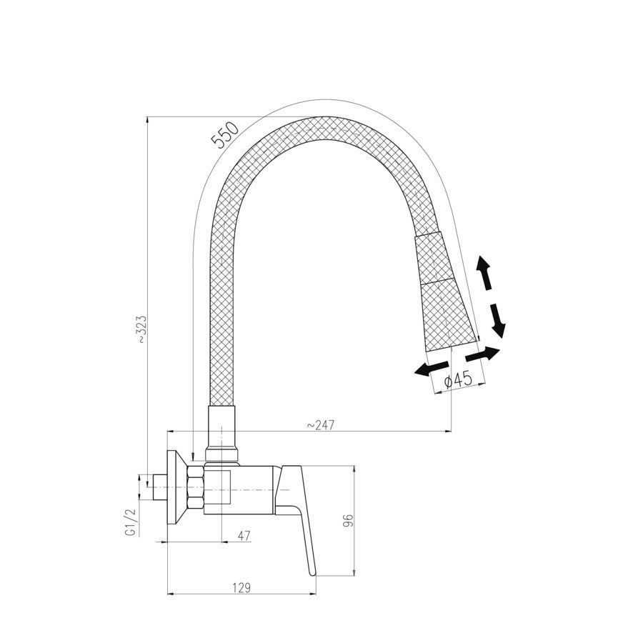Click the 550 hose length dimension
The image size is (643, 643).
pos(224,135)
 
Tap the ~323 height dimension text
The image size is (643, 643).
pos(141,329)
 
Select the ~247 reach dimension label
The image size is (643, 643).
pos(320,425)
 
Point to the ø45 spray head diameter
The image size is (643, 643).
pos(459,381)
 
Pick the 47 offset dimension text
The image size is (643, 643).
pos(244,536)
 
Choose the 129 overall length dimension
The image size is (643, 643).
pos(241,588)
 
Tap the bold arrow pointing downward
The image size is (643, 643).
pos(498,321)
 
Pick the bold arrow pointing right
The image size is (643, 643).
pos(483,354)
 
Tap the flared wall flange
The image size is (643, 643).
pos(177,488)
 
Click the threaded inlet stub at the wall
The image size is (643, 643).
pos(160,487)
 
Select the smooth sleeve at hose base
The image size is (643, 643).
pos(221,434)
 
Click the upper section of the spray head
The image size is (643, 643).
pos(434,259)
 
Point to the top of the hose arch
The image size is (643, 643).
pos(324,129)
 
